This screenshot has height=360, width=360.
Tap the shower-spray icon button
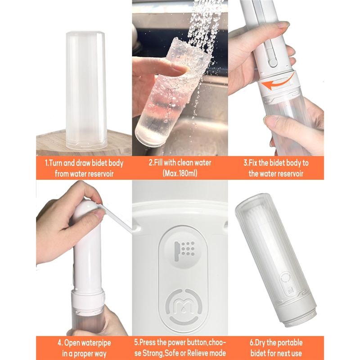point(184,251)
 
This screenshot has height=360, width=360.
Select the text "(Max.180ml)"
point(180,173)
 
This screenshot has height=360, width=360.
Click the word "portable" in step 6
point(289,343)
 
